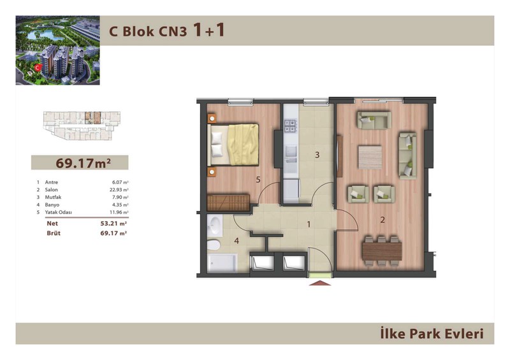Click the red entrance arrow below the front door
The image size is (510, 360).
[320, 283]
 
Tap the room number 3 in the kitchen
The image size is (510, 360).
[317, 155]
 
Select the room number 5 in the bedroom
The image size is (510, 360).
[258, 180]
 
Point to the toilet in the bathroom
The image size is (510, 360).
[214, 245]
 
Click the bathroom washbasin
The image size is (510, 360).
[215, 225]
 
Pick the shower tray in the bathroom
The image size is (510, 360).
[222, 263]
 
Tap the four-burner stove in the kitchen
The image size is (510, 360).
[291, 126]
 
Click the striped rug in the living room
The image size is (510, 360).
[370, 157]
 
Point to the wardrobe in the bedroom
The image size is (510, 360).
[228, 203]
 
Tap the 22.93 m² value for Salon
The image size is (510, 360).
[119, 190]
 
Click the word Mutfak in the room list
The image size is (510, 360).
[53, 197]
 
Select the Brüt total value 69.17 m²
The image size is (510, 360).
[113, 233]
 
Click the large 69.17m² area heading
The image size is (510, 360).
[84, 163]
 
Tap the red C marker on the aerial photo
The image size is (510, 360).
[38, 68]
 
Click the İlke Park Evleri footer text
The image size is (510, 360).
[432, 334]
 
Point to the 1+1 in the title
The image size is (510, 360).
[209, 30]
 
